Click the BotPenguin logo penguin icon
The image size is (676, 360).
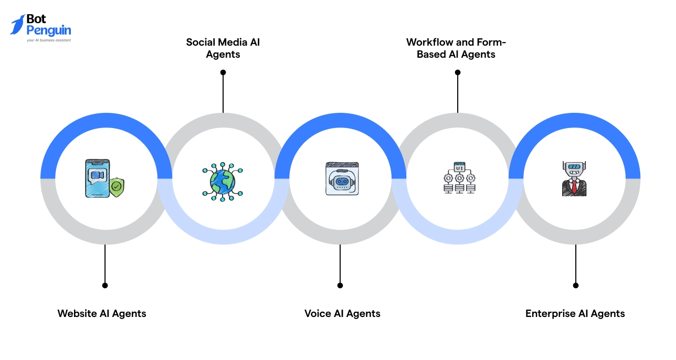point(17,25)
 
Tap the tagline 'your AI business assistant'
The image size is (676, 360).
point(49,40)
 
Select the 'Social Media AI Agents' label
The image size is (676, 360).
point(223,48)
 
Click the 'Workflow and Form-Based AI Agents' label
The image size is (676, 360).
point(456,48)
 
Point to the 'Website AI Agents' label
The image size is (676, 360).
point(102,314)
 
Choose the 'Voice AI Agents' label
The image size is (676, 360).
point(342,314)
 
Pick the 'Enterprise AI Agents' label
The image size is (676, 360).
point(575,314)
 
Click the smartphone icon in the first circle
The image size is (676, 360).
point(98,178)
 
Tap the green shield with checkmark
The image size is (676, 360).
point(117,186)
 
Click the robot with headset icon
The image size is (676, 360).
point(342,179)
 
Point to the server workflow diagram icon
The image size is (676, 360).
point(459,178)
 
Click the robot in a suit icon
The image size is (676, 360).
point(574,179)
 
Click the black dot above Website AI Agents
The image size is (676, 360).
point(105,285)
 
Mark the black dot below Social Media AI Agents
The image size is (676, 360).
point(223,72)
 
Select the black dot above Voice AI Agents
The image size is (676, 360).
point(340,285)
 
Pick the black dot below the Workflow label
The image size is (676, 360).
point(457,72)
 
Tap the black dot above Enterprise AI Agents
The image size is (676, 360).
point(576,285)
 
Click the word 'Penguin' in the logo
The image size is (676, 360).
point(49,30)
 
